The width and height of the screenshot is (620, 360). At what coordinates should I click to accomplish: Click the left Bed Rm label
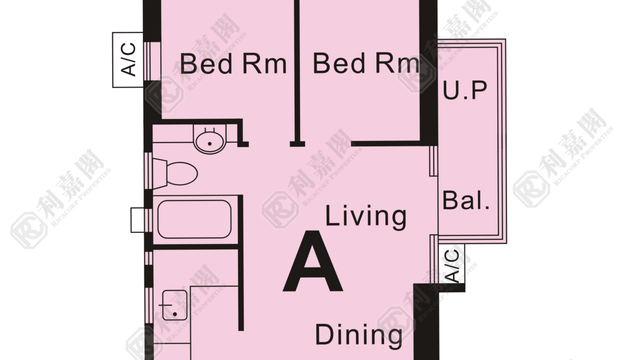click(233, 64)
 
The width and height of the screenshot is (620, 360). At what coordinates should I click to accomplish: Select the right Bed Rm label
click(366, 63)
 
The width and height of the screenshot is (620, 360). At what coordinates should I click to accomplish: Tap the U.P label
click(464, 90)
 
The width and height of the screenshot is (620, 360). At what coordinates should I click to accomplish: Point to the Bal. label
click(466, 200)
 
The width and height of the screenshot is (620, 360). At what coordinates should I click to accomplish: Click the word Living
click(366, 217)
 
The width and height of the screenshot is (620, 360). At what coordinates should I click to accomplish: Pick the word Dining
click(358, 335)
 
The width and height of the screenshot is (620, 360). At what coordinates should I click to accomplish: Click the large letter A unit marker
click(313, 261)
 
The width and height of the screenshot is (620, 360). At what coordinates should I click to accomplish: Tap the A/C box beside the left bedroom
click(128, 60)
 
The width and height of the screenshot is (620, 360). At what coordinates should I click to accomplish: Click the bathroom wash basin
click(209, 140)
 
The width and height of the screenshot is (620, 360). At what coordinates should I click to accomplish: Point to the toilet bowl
click(182, 173)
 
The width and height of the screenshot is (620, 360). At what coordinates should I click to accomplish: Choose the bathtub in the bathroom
click(194, 219)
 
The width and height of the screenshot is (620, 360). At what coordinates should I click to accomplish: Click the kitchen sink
click(174, 305)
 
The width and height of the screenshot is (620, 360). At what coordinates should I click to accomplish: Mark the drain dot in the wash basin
click(209, 144)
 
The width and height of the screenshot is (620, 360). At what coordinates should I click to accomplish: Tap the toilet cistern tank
click(159, 174)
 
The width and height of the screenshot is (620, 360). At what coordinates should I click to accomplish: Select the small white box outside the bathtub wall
click(137, 220)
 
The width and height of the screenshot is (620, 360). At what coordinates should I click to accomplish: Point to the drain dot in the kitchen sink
click(175, 314)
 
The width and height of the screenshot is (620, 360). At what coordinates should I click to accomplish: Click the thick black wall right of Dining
click(426, 322)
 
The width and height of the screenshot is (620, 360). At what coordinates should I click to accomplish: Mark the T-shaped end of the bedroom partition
click(297, 144)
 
